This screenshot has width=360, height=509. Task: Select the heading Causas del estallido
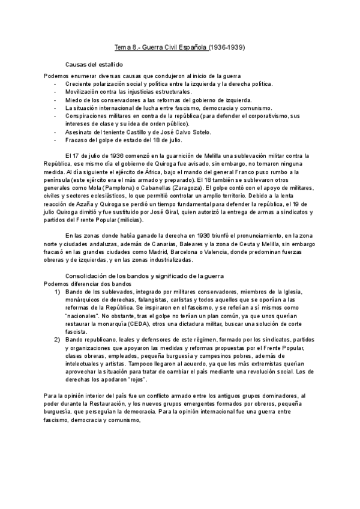coord(94,64)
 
